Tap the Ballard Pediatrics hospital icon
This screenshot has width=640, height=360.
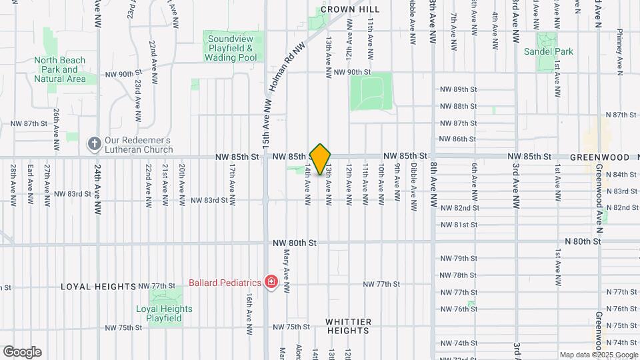271,282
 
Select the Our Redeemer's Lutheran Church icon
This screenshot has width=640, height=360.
94,144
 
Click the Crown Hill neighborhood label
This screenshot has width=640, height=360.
350,9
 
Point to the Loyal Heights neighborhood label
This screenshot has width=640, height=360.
99,287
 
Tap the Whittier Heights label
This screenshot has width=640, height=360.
348,326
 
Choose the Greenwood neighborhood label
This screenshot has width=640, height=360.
600,157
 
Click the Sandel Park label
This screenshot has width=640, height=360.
548,51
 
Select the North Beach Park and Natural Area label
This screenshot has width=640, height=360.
60,69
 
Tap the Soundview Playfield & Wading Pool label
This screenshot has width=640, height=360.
231,49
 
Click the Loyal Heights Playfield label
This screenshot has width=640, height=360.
164,313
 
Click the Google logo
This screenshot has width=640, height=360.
22,352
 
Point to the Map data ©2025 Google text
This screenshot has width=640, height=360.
599,355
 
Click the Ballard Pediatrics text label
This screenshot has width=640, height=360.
225,282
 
